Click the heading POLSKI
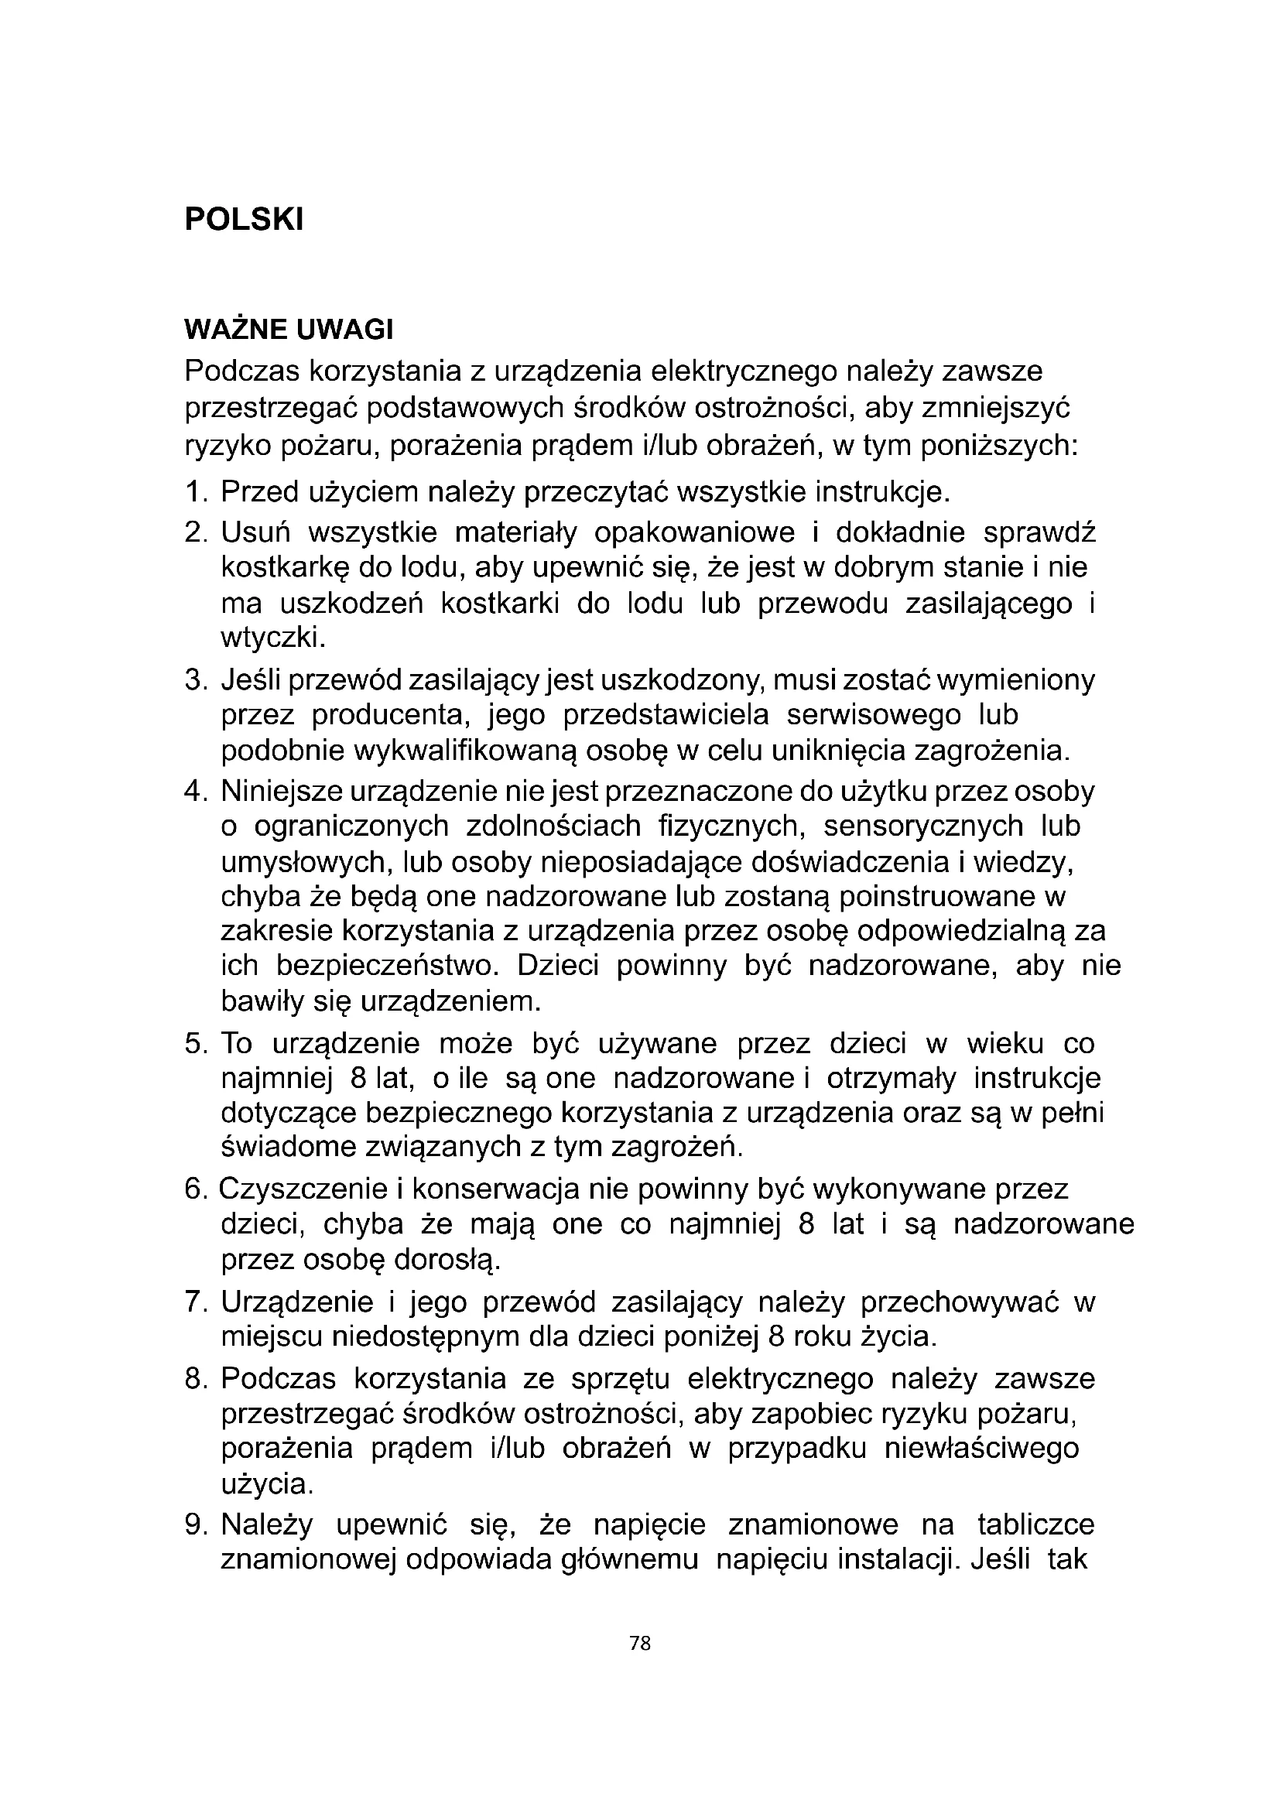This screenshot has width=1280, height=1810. coord(244,220)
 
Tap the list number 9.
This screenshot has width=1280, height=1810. coord(193,1524)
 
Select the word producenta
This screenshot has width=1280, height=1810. coord(388,714)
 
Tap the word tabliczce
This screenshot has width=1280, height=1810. coord(1035,1524)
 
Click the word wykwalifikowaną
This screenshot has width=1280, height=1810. coord(465,751)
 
